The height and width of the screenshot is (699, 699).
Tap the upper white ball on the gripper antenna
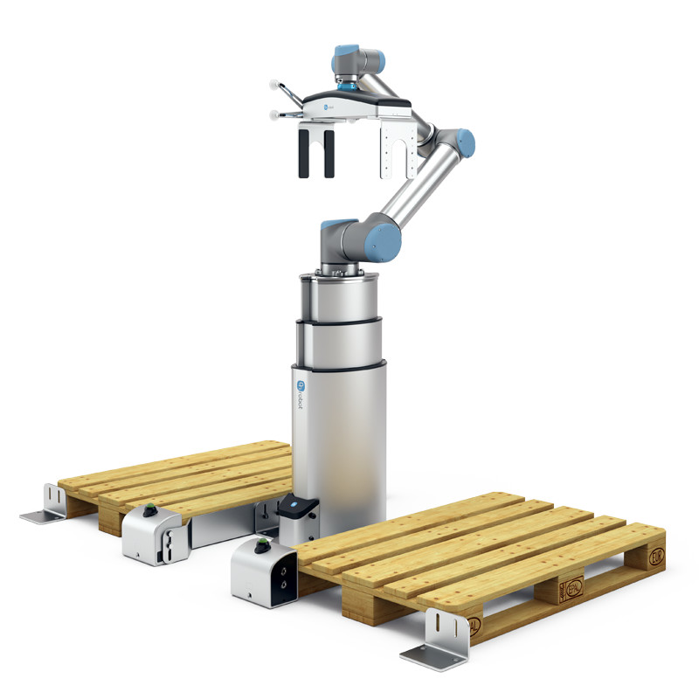(x=273, y=86)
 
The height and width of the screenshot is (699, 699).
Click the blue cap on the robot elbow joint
(x=466, y=141)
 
